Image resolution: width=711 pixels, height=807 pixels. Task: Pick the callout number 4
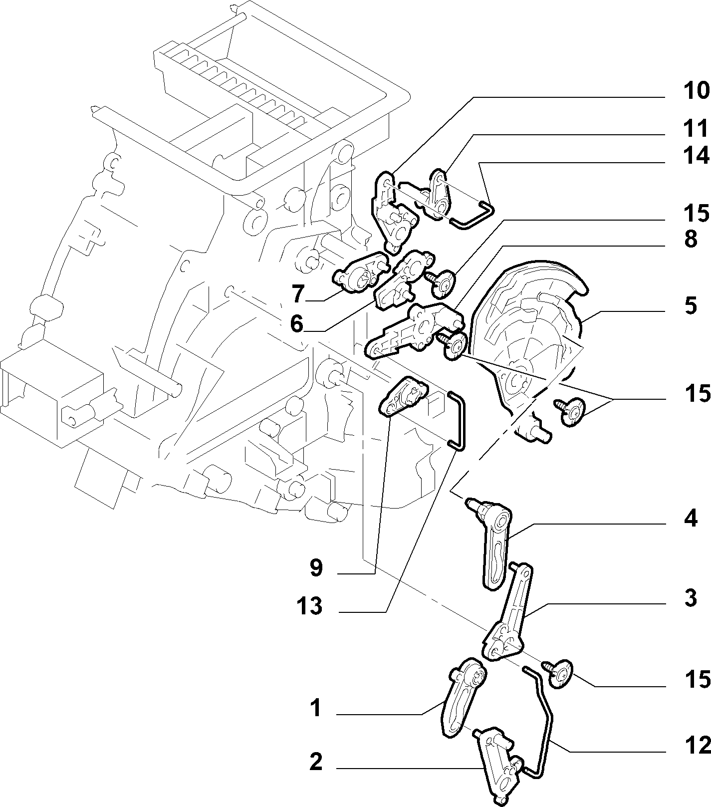tap(690, 519)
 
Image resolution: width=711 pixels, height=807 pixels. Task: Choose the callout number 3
tap(690, 598)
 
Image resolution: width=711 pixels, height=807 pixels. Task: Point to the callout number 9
tap(316, 568)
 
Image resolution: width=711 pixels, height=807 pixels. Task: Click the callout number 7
tap(297, 294)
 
